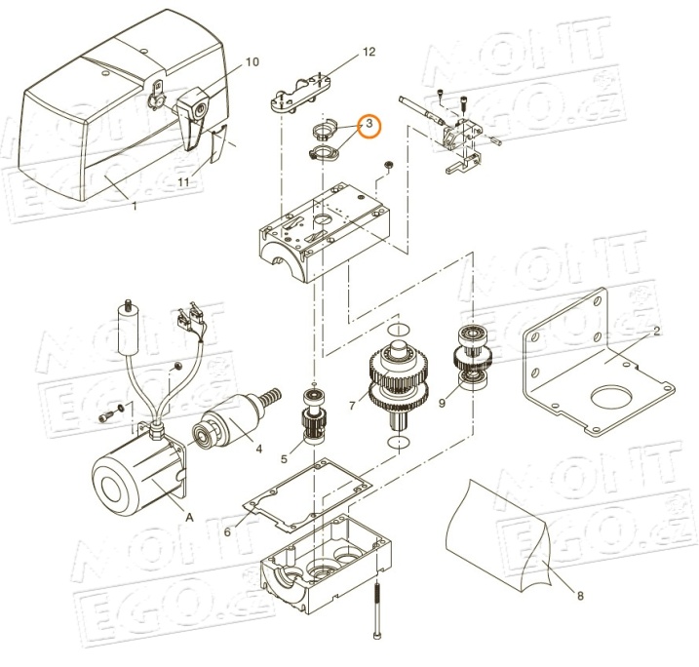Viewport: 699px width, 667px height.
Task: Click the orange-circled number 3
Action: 369,124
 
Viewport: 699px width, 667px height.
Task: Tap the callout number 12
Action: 369,52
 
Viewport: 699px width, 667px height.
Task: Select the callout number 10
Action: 252,62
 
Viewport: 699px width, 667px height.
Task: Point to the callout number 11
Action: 183,182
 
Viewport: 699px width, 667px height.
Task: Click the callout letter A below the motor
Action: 190,517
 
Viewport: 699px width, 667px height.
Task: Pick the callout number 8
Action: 580,596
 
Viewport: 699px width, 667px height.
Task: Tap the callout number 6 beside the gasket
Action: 227,531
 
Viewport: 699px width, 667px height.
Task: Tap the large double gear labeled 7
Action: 399,379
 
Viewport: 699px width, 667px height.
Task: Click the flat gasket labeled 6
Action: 308,494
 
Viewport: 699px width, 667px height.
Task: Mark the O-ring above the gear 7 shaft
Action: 399,330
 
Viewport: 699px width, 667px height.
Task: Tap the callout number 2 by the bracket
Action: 657,331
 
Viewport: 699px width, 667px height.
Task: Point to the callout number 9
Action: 442,403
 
